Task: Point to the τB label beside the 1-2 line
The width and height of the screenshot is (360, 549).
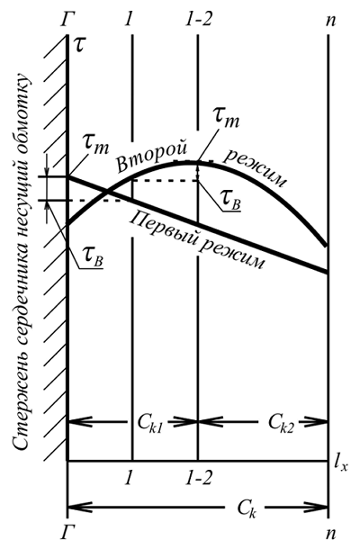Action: coord(231,202)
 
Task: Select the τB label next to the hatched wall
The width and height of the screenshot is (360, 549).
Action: coord(94,260)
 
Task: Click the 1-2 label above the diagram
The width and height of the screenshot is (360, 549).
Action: coord(199,20)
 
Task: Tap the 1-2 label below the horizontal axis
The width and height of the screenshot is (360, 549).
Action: coord(199,477)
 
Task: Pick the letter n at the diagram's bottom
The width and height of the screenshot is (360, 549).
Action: coord(330,535)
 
